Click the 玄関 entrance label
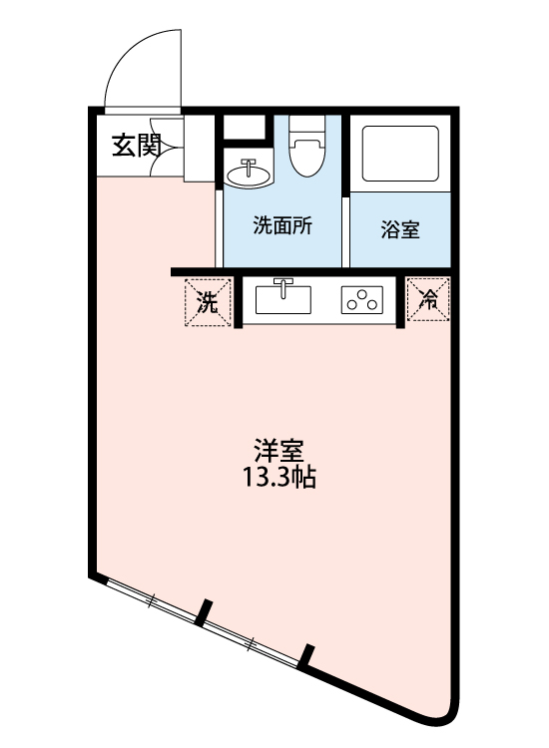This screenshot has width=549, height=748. (x=136, y=146)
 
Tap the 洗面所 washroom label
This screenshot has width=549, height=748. (x=283, y=225)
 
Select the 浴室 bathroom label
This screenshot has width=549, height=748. (x=400, y=229)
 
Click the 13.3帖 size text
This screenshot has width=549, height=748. (x=280, y=478)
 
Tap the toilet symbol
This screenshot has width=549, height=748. (x=305, y=150)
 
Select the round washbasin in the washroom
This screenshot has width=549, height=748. (x=248, y=176)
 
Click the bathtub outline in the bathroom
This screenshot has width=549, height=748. (x=400, y=154)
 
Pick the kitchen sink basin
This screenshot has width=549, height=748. (x=285, y=299)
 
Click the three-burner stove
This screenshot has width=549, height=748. (x=363, y=299)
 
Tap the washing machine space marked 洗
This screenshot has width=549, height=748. (x=207, y=302)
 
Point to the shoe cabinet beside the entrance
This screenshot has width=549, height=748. (x=201, y=150)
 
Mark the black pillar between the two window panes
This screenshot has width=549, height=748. (x=205, y=610)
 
